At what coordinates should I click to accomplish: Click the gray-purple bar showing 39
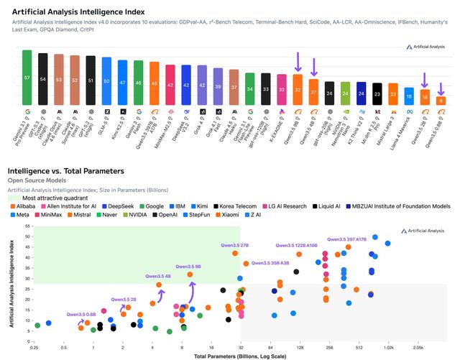point(218,86)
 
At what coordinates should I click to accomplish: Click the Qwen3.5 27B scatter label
point(234,246)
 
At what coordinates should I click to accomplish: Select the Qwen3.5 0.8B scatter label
point(81,314)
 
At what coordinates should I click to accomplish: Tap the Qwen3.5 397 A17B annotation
point(346,239)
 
